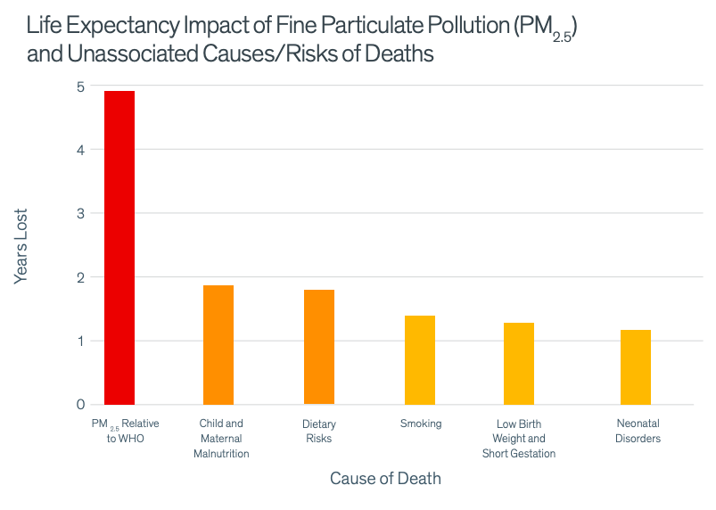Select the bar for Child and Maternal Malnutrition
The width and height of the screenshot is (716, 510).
[x=218, y=345]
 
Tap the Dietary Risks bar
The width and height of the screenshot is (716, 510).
[x=319, y=347]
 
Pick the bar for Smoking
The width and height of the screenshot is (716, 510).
[x=420, y=360]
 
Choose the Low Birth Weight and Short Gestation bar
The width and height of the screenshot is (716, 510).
[x=519, y=364]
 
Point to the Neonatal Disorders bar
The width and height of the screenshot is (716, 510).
[x=636, y=367]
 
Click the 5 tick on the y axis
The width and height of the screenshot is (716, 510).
[x=80, y=86]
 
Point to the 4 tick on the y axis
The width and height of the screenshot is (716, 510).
[x=80, y=150]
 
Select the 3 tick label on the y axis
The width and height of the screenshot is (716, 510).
[x=80, y=213]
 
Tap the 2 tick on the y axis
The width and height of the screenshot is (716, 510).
[x=80, y=277]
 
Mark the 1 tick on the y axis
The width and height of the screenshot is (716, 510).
[x=80, y=341]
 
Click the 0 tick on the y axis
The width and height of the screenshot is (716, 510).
[x=80, y=404]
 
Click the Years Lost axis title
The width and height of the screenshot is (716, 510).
[x=22, y=246]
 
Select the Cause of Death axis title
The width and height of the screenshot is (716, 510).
[x=385, y=479]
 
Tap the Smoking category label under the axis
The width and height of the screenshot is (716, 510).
[x=421, y=424]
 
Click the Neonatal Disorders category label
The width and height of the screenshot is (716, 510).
[x=638, y=431]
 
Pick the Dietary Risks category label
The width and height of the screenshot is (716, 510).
[x=319, y=432]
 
